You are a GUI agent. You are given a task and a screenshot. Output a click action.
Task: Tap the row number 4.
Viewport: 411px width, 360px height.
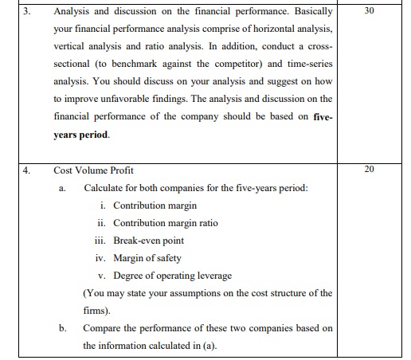(x=27, y=170)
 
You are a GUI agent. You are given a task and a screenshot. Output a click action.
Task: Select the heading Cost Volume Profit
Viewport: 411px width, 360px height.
(x=94, y=170)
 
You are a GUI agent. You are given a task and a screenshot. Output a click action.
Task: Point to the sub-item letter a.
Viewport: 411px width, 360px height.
(x=61, y=188)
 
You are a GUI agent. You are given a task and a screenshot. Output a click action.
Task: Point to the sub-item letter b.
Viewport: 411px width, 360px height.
(x=61, y=328)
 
